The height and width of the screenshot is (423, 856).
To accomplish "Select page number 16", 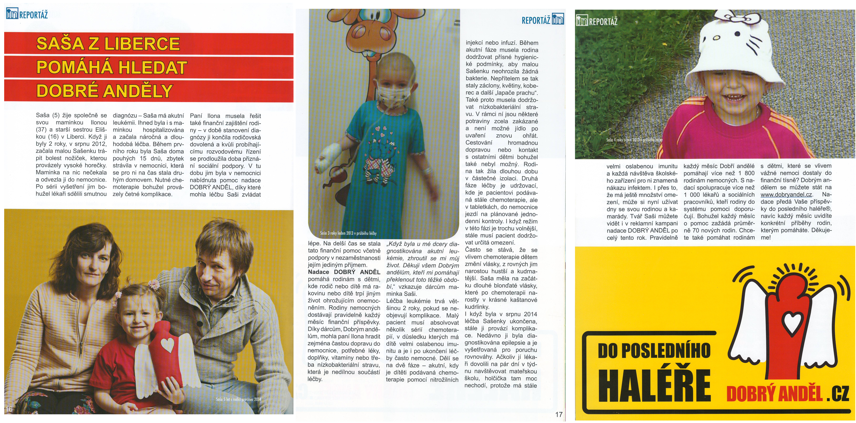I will click(x=9, y=409).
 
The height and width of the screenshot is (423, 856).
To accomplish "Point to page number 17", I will click(x=559, y=414).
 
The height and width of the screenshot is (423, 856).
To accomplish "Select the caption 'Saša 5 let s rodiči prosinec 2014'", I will click(x=238, y=399).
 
